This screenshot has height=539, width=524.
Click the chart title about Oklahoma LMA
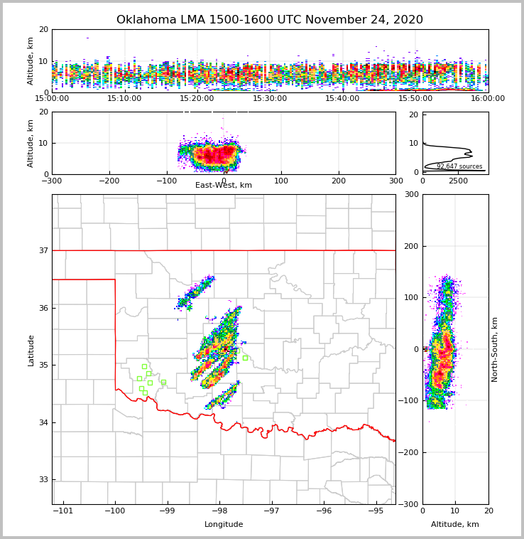[x=269, y=20]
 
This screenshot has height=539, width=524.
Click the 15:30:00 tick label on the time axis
[x=270, y=98]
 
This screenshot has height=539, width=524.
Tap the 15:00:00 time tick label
[x=52, y=98]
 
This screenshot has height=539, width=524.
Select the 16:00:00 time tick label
[x=488, y=98]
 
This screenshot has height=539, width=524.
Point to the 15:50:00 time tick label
[x=415, y=98]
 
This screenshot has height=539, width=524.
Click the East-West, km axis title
[x=224, y=186]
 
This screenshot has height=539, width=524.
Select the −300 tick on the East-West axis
[x=52, y=181]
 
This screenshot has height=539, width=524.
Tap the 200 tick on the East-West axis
[x=339, y=181]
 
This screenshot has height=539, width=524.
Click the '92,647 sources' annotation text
[x=459, y=166]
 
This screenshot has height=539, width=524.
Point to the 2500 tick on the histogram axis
[x=458, y=181]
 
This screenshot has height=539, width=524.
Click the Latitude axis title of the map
[x=31, y=350]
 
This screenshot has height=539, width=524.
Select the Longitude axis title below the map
[x=224, y=525]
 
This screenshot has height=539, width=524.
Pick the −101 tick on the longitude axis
[x=63, y=511]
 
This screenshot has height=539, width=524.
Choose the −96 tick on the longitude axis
[x=324, y=511]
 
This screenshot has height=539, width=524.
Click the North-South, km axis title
[x=495, y=349]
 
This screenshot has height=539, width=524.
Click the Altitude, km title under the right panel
[x=455, y=525]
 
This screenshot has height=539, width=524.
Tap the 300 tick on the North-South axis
[x=410, y=194]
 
